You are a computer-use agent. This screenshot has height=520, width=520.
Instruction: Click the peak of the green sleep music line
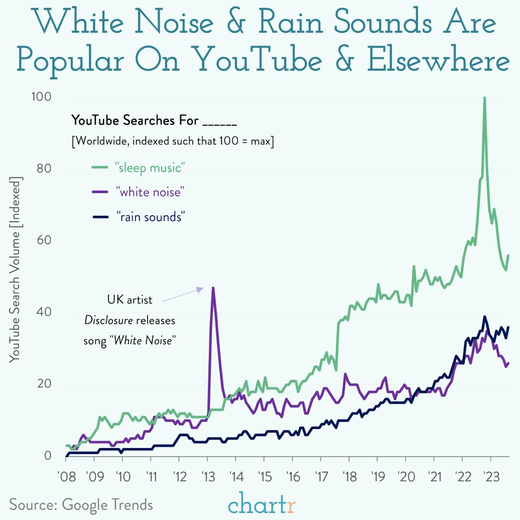point(484,99)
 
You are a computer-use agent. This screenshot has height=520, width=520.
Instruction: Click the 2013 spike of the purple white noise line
point(213,288)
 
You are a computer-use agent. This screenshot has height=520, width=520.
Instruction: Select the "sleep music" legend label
point(150,167)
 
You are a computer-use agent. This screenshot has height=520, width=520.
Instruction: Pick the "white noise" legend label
point(150,192)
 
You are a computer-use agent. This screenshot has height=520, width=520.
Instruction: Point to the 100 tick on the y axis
point(41,97)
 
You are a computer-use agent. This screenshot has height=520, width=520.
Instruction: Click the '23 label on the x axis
point(490,477)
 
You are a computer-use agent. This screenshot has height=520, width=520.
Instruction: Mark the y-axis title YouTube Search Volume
point(16,269)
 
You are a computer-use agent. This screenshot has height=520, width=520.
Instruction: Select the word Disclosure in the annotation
point(109,320)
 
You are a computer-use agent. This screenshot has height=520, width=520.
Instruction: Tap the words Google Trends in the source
point(107,505)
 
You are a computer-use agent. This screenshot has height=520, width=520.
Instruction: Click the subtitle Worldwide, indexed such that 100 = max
point(172,141)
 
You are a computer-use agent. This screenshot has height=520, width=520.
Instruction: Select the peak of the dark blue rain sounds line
point(484,317)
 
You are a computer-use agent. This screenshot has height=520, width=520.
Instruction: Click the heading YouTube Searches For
point(135,120)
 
